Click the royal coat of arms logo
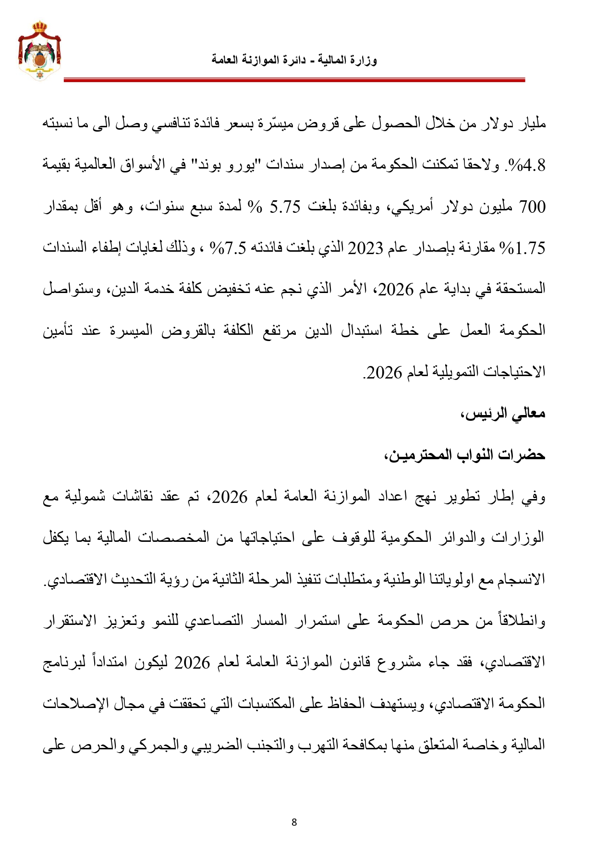tap(39, 50)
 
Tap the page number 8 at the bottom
tap(294, 822)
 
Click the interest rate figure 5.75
tap(285, 207)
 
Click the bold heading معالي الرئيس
tap(503, 414)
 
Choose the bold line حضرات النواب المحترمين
tap(464, 454)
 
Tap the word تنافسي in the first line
tap(174, 124)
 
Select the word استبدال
tap(361, 330)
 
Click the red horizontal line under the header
tap(294, 81)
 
